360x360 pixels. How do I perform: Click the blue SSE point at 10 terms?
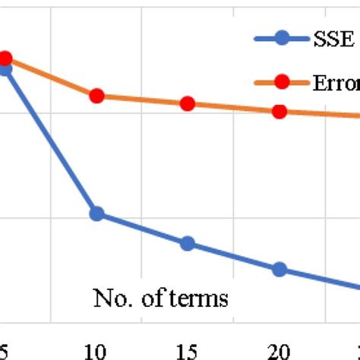tap(96, 214)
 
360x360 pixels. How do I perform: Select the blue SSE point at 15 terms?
tap(188, 244)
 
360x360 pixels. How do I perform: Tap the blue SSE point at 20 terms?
tap(279, 269)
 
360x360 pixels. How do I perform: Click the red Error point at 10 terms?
tap(96, 96)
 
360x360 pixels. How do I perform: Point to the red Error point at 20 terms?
tap(279, 112)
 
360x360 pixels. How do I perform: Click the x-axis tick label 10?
tap(96, 350)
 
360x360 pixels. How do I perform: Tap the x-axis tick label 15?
tap(188, 350)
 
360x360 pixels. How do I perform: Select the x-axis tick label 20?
tap(279, 350)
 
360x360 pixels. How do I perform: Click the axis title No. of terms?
tap(160, 298)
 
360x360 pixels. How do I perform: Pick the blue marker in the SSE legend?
tap(283, 37)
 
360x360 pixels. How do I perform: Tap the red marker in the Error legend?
tap(283, 81)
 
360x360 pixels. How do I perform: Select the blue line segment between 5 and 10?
tap(51, 142)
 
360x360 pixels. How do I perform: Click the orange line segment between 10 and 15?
tap(142, 100)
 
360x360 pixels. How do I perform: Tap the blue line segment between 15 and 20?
tap(233, 257)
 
